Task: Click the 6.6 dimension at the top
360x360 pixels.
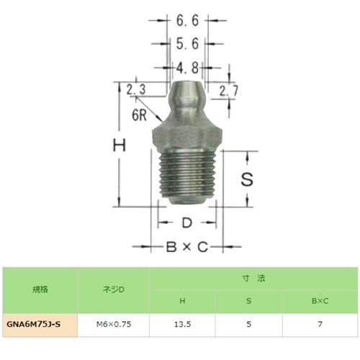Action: point(186,21)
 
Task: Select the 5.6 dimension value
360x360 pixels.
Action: point(186,45)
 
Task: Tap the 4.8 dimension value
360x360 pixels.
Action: point(186,68)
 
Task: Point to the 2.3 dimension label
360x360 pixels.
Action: point(136,90)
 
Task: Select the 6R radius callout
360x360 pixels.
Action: point(140,114)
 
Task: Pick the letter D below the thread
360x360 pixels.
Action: point(186,222)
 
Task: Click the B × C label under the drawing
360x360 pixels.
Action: point(186,247)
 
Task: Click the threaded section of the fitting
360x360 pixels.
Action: point(187,176)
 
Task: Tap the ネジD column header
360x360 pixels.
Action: point(114,290)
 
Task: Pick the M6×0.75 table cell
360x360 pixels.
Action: point(114,325)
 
